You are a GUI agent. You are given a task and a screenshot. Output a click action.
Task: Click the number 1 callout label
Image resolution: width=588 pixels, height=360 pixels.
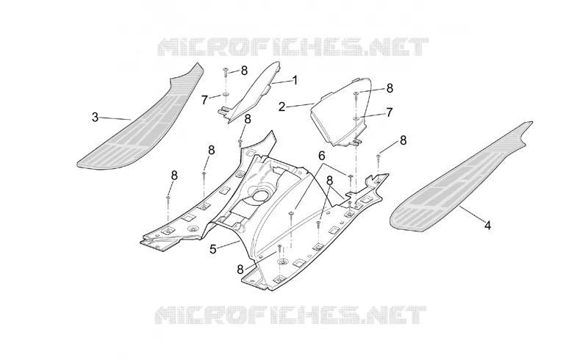point(295,80)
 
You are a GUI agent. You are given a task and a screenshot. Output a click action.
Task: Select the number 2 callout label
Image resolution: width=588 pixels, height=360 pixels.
point(282,107)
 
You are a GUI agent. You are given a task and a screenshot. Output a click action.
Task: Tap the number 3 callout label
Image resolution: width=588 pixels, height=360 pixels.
point(96,118)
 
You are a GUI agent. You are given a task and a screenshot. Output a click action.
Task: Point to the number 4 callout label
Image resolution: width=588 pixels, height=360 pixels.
point(487,226)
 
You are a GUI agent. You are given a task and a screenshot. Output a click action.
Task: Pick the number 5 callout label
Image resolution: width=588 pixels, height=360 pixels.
point(213,249)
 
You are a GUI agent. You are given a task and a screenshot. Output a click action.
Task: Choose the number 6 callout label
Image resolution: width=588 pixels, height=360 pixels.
point(322,156)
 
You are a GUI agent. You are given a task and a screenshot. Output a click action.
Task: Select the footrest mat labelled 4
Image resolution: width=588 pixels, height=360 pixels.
point(462,176)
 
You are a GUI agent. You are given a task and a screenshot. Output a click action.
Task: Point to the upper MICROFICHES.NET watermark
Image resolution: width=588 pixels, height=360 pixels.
point(293,47)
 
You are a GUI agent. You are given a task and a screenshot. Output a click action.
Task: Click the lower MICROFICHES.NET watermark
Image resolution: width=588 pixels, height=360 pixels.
point(290,315)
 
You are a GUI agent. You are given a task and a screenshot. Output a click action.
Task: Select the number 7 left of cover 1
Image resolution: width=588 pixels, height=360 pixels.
point(204,100)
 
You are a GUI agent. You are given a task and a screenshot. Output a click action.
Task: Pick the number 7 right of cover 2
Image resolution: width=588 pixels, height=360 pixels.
point(390,112)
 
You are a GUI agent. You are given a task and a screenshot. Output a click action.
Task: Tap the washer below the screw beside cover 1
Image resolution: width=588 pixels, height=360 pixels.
point(226,94)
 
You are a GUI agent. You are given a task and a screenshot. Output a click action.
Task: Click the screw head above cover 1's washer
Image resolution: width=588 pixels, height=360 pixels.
point(226,68)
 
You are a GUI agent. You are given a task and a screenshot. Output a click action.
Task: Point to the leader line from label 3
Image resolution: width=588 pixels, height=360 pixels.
point(115,118)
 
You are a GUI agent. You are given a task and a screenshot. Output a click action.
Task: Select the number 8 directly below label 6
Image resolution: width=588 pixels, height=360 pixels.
point(329,181)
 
